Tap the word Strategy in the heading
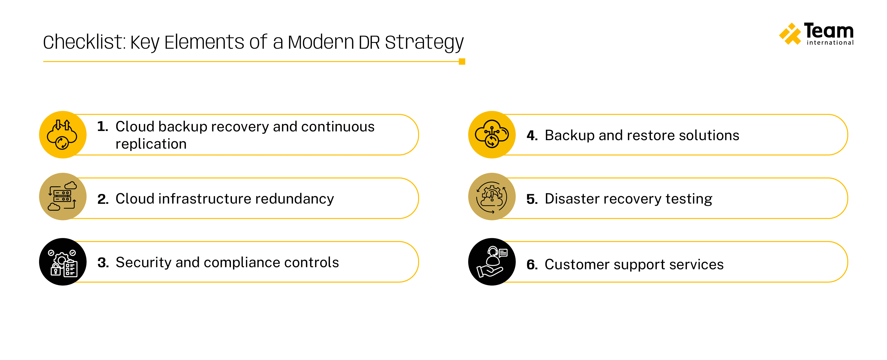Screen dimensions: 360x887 (424, 43)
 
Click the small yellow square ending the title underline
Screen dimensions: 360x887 (462, 62)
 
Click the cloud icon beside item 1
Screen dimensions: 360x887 (63, 135)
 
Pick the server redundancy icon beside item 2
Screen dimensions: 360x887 (63, 197)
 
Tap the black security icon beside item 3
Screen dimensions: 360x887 (63, 262)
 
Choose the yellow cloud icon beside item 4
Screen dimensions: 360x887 (492, 135)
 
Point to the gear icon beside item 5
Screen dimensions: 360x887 (492, 197)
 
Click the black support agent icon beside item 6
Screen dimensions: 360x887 (492, 262)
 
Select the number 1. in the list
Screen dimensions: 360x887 (103, 126)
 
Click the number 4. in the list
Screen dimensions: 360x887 (532, 135)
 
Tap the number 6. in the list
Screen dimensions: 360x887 (532, 264)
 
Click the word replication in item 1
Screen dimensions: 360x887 (151, 144)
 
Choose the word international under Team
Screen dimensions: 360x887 (830, 43)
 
